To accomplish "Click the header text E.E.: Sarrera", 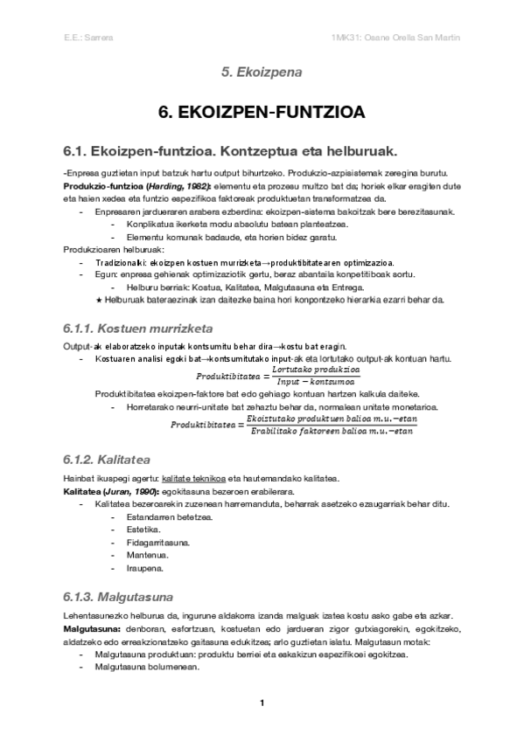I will pos(83,38).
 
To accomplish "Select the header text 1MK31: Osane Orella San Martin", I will pos(390,38).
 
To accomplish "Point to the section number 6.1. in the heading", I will pos(69,150).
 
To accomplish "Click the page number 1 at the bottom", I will pos(262,703).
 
